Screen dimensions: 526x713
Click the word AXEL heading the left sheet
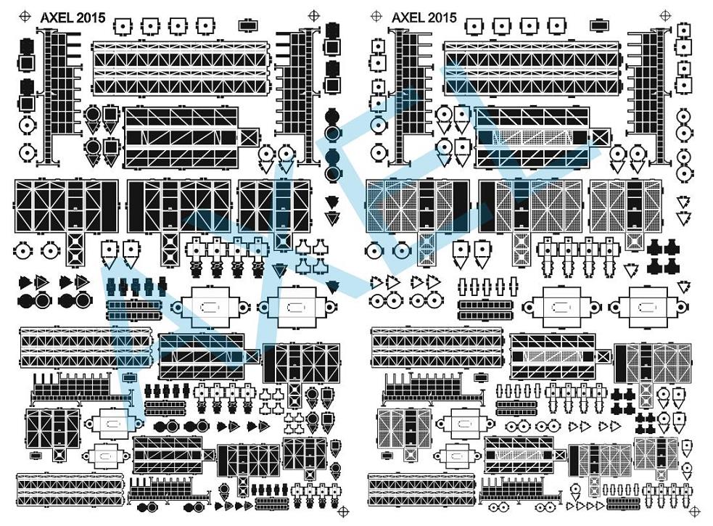tap(55, 18)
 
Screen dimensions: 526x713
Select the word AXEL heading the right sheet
tap(408, 17)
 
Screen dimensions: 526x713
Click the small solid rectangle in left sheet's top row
tap(248, 25)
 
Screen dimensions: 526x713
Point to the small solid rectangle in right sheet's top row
tap(599, 25)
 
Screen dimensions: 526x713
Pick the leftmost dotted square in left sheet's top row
tap(123, 26)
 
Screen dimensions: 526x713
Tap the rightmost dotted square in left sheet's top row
tap(205, 26)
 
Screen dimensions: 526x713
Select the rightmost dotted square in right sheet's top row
tap(556, 26)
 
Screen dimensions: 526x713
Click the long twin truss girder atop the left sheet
tap(181, 67)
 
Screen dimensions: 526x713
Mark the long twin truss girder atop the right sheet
tap(532, 67)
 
